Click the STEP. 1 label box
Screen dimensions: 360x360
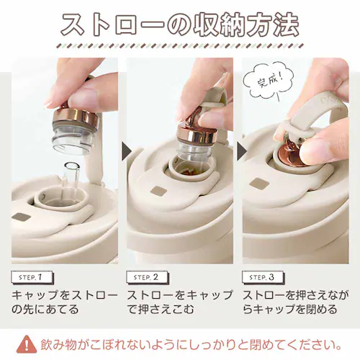pos(32,278)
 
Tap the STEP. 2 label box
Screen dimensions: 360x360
pos(148,278)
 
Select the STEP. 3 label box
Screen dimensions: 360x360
pos(263,278)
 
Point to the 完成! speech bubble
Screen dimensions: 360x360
pos(269,82)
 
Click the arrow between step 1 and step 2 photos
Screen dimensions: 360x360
pos(126,151)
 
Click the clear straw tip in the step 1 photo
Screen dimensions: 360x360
pos(71,166)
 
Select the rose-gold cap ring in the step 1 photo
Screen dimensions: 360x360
pos(76,117)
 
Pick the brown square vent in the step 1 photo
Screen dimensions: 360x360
pos(22,217)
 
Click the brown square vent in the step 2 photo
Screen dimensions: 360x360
pos(158,191)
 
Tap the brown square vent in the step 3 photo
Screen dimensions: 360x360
pos(260,184)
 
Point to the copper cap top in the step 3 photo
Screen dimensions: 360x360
pos(289,156)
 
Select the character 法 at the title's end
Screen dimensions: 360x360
pos(286,26)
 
